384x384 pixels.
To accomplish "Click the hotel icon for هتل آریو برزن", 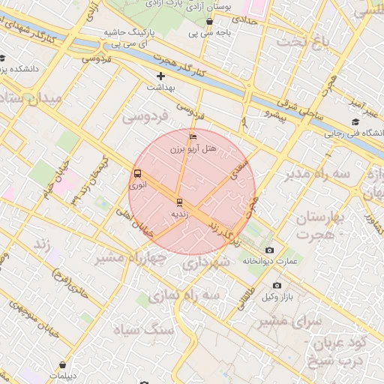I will (193, 137).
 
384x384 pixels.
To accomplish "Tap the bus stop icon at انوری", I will (137, 172).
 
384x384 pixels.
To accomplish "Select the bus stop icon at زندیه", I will (178, 202).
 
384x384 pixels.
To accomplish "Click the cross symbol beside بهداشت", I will (160, 76).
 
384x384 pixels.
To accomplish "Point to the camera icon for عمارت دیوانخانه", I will (269, 250).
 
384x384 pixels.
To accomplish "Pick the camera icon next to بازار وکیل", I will (277, 285).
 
